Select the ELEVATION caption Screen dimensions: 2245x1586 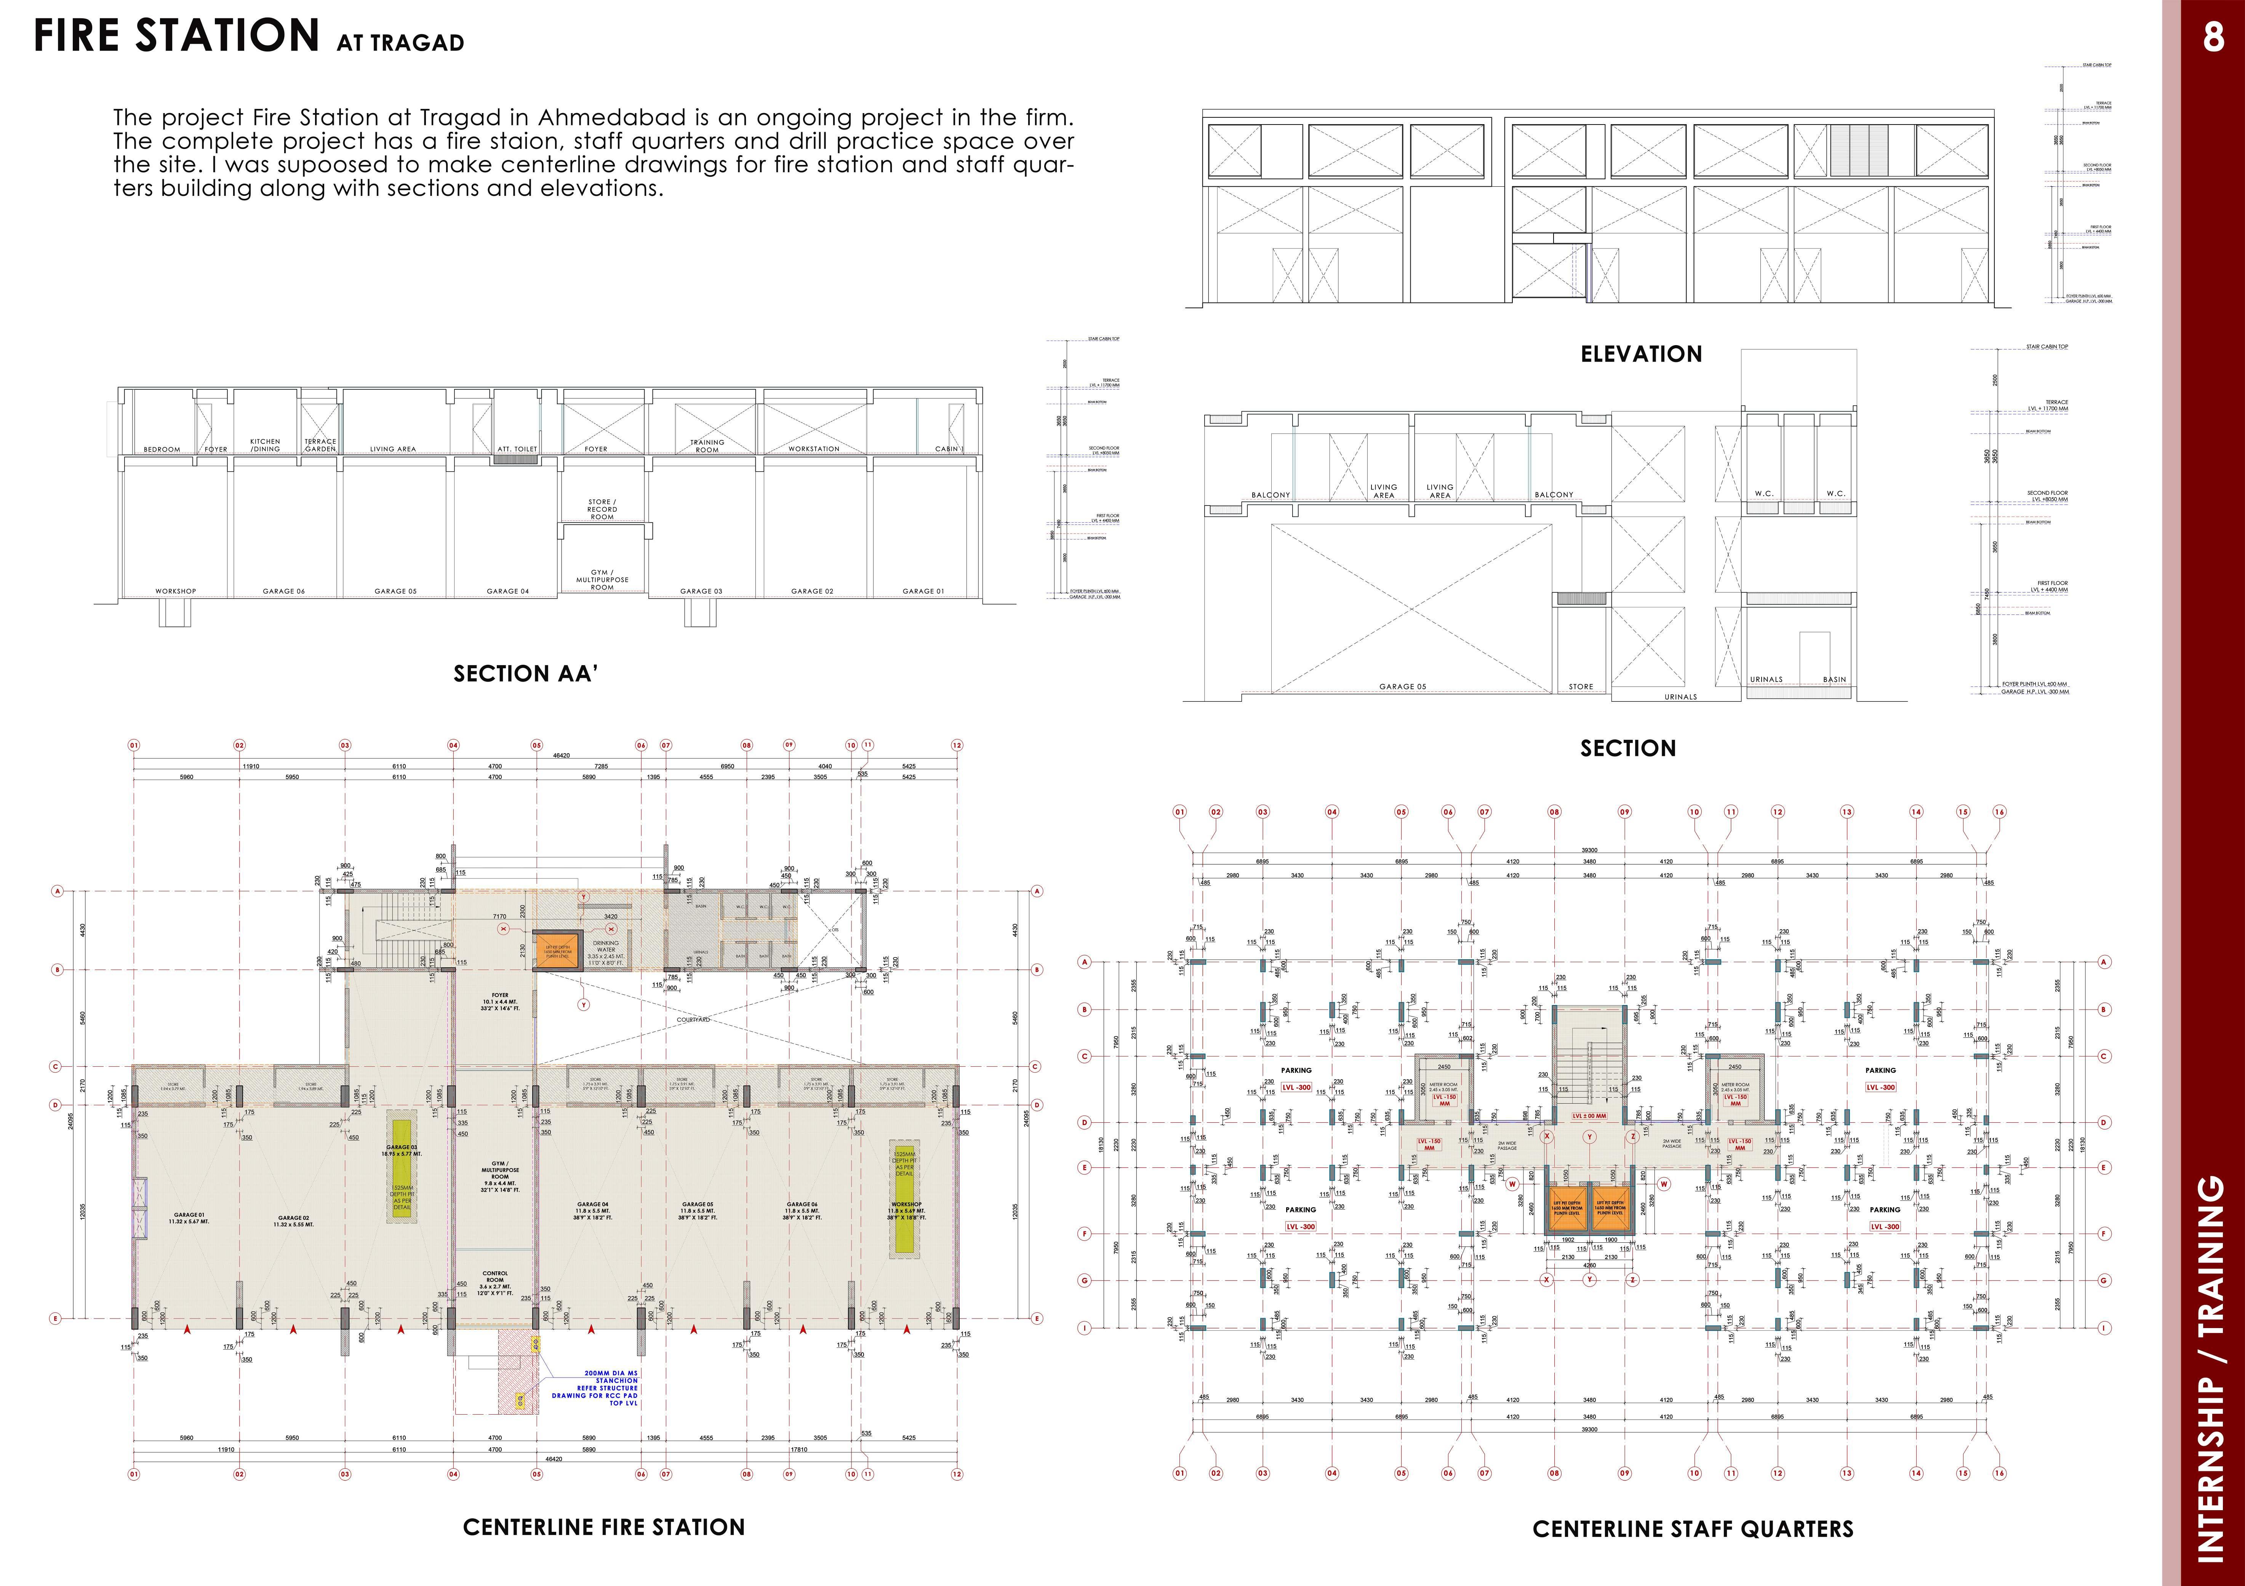click(x=1641, y=354)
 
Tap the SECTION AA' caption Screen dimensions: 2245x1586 click(x=525, y=674)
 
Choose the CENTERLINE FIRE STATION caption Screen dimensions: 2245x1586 click(x=603, y=1527)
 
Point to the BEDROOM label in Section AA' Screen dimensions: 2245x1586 click(x=162, y=450)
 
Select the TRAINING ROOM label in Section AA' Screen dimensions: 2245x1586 click(x=707, y=446)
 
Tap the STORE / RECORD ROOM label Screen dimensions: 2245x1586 click(x=602, y=509)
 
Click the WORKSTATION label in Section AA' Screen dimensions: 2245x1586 click(x=813, y=449)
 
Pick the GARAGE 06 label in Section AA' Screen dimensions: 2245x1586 click(x=283, y=592)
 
